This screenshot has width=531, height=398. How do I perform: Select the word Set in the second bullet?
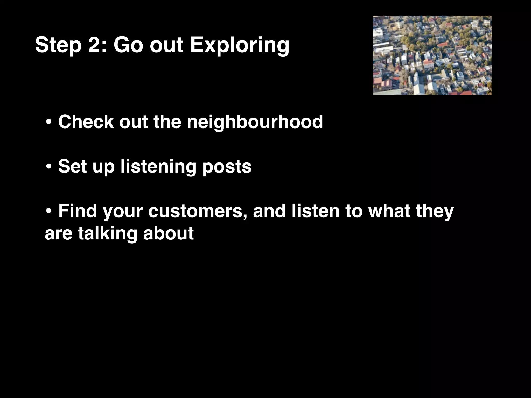pos(72,166)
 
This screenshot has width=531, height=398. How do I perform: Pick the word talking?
pos(108,233)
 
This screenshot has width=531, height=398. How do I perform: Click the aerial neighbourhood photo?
pos(432,55)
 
